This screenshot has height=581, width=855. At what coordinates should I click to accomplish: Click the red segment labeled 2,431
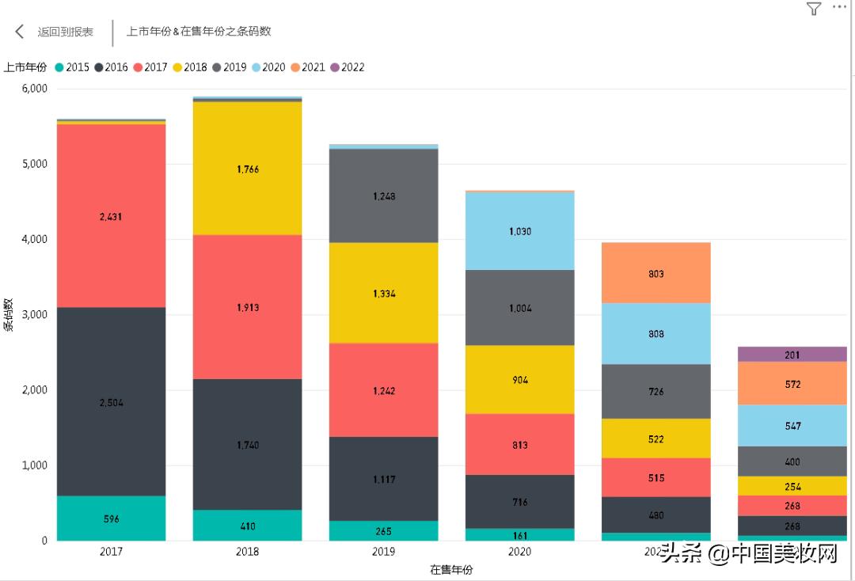111,215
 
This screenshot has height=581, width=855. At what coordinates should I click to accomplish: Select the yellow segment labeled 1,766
247,169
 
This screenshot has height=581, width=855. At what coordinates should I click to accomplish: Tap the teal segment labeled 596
111,518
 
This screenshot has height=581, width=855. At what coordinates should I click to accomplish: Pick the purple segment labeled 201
792,355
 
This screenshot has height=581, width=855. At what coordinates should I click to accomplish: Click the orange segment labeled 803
655,273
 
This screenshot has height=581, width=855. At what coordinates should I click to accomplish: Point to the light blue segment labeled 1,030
519,231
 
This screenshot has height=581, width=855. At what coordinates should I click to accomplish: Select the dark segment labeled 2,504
111,402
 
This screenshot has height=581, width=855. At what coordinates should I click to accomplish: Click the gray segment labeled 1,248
383,196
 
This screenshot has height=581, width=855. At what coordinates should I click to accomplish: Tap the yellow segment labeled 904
519,379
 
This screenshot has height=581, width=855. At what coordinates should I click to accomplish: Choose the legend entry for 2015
72,67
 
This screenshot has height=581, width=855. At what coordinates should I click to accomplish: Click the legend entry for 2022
348,67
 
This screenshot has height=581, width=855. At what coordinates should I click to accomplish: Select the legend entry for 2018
190,67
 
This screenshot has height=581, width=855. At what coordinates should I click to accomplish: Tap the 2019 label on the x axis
383,552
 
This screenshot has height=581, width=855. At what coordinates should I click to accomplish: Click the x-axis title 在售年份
451,569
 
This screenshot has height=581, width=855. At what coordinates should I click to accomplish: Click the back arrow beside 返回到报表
20,32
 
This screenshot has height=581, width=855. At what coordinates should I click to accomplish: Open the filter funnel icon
813,9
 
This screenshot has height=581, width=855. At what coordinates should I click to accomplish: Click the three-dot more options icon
839,7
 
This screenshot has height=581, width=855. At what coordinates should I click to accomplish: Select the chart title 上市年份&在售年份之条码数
199,32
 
